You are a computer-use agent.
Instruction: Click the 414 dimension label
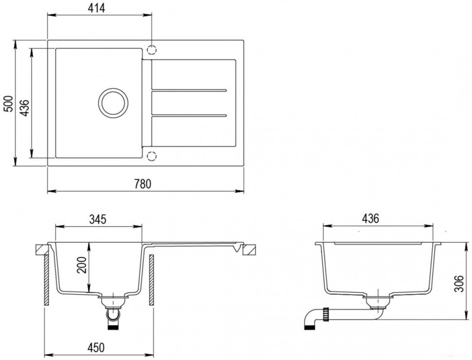97,8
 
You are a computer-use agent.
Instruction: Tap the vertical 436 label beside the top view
25,103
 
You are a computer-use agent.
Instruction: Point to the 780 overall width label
145,184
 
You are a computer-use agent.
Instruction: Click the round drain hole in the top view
113,103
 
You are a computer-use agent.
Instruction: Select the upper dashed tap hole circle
152,50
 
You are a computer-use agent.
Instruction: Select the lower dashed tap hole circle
152,156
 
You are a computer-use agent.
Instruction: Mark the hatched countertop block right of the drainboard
249,249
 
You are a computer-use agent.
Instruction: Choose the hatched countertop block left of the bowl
41,249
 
